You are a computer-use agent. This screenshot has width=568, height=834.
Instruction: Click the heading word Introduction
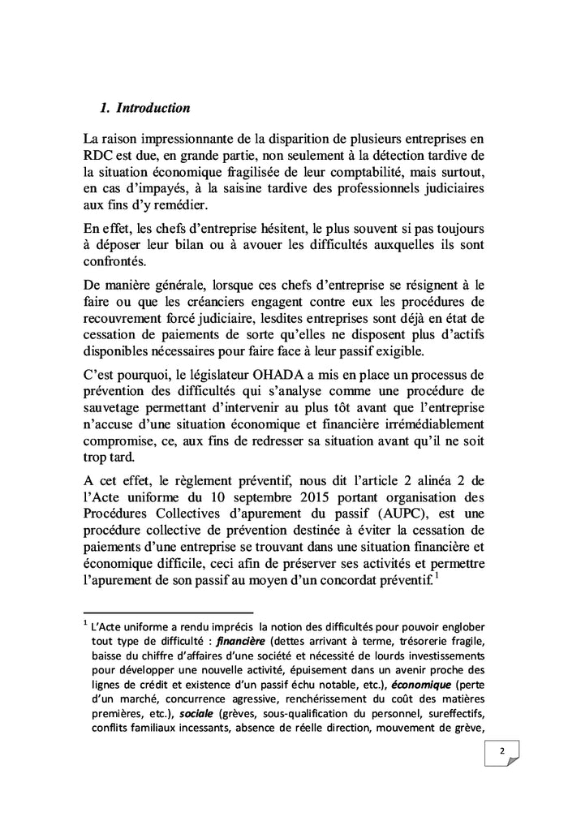[x=153, y=107]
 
